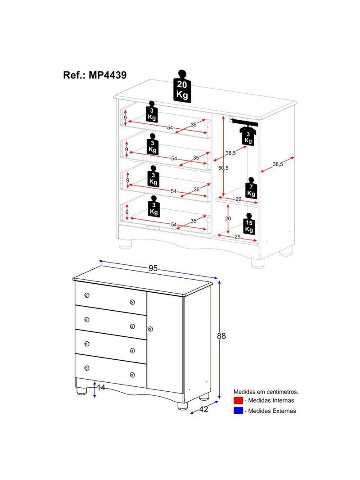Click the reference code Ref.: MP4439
(95, 75)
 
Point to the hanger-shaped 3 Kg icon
(248, 136)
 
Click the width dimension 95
(153, 268)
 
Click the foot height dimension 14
(101, 387)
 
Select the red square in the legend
(238, 400)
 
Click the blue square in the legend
(238, 411)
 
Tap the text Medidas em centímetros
(265, 392)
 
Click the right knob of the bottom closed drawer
(132, 375)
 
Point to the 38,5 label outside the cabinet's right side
(278, 165)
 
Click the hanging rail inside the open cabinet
(244, 121)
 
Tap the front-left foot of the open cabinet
(126, 245)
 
